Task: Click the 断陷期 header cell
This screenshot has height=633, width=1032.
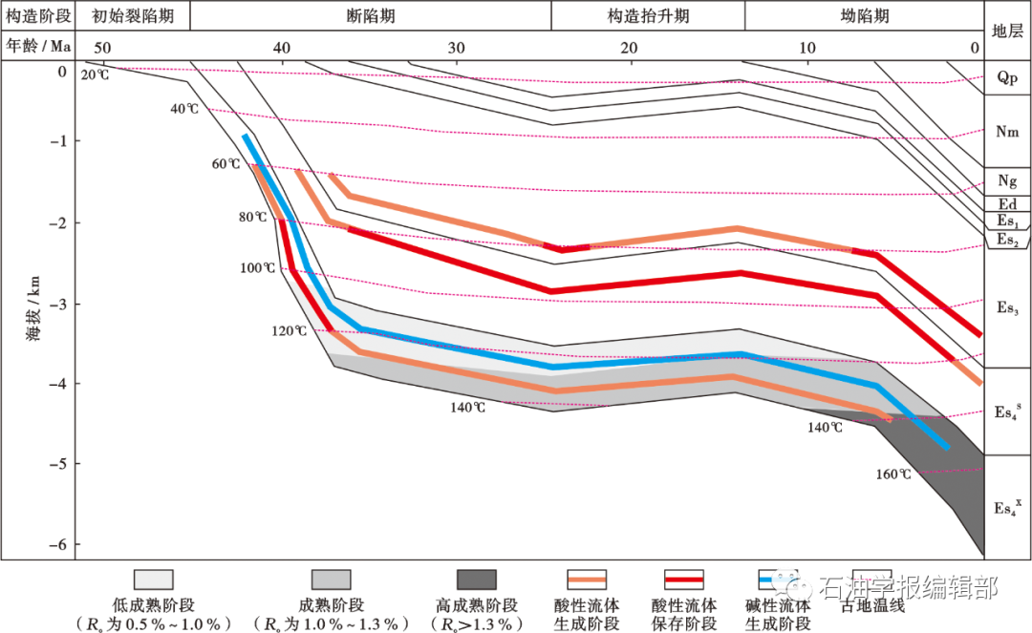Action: (x=371, y=16)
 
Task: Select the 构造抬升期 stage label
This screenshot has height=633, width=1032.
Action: (x=648, y=16)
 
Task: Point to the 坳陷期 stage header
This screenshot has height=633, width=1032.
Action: (x=864, y=16)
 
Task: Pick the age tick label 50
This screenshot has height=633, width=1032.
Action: (x=101, y=48)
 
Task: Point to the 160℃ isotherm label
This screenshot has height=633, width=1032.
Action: (x=892, y=475)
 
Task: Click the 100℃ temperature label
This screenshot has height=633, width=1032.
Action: (x=257, y=268)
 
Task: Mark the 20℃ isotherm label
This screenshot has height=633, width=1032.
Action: (x=95, y=74)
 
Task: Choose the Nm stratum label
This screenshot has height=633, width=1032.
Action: (x=1007, y=133)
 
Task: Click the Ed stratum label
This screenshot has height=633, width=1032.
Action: (x=1007, y=204)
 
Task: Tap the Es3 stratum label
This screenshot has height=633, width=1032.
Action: (x=1007, y=307)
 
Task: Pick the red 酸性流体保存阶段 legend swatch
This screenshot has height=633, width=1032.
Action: (x=684, y=580)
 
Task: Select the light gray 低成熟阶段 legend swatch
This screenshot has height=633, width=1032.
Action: (x=153, y=580)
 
